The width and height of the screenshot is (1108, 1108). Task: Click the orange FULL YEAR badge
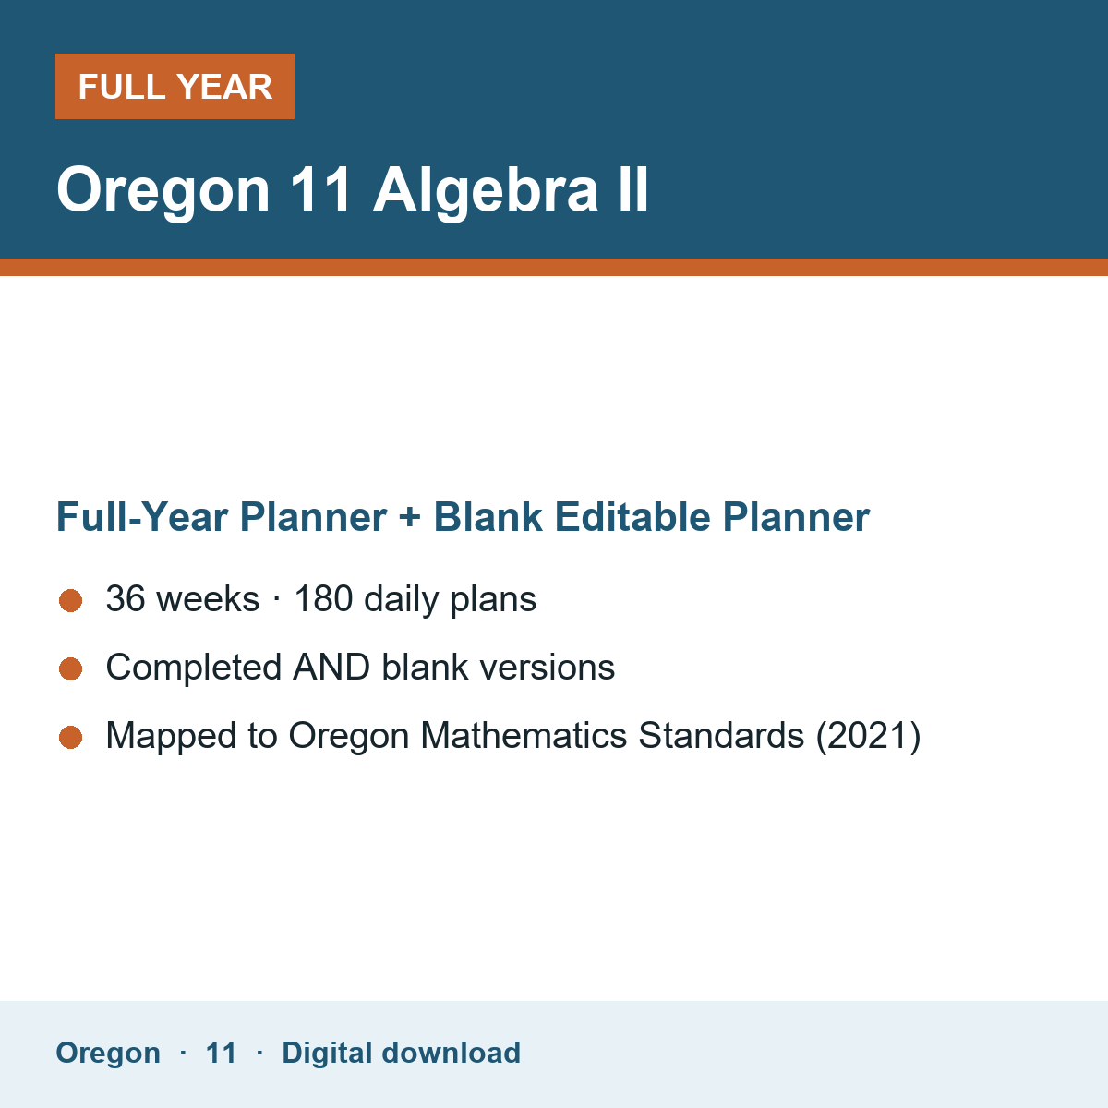[x=175, y=86]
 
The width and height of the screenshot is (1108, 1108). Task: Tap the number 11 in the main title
[x=320, y=189]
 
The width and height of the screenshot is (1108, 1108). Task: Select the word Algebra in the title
[x=486, y=191]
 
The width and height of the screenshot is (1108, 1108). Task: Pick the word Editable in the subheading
[x=632, y=517]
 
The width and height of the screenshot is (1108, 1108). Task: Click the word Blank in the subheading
[x=488, y=517]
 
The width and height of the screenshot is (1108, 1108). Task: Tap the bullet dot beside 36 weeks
[x=71, y=601]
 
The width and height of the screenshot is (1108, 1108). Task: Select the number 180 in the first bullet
[x=323, y=598]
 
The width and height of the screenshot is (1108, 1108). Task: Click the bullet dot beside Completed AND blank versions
[x=71, y=669]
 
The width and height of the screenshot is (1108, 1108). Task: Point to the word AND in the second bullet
[x=331, y=667]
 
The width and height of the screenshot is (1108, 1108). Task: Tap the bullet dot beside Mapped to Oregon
[x=71, y=738]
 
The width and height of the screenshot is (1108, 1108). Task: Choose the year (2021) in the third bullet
[x=868, y=736]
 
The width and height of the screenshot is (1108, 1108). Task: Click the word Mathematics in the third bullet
[x=524, y=735]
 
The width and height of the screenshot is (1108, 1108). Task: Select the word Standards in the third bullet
[x=722, y=735]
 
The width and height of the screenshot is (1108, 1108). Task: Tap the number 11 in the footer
[x=221, y=1054]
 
